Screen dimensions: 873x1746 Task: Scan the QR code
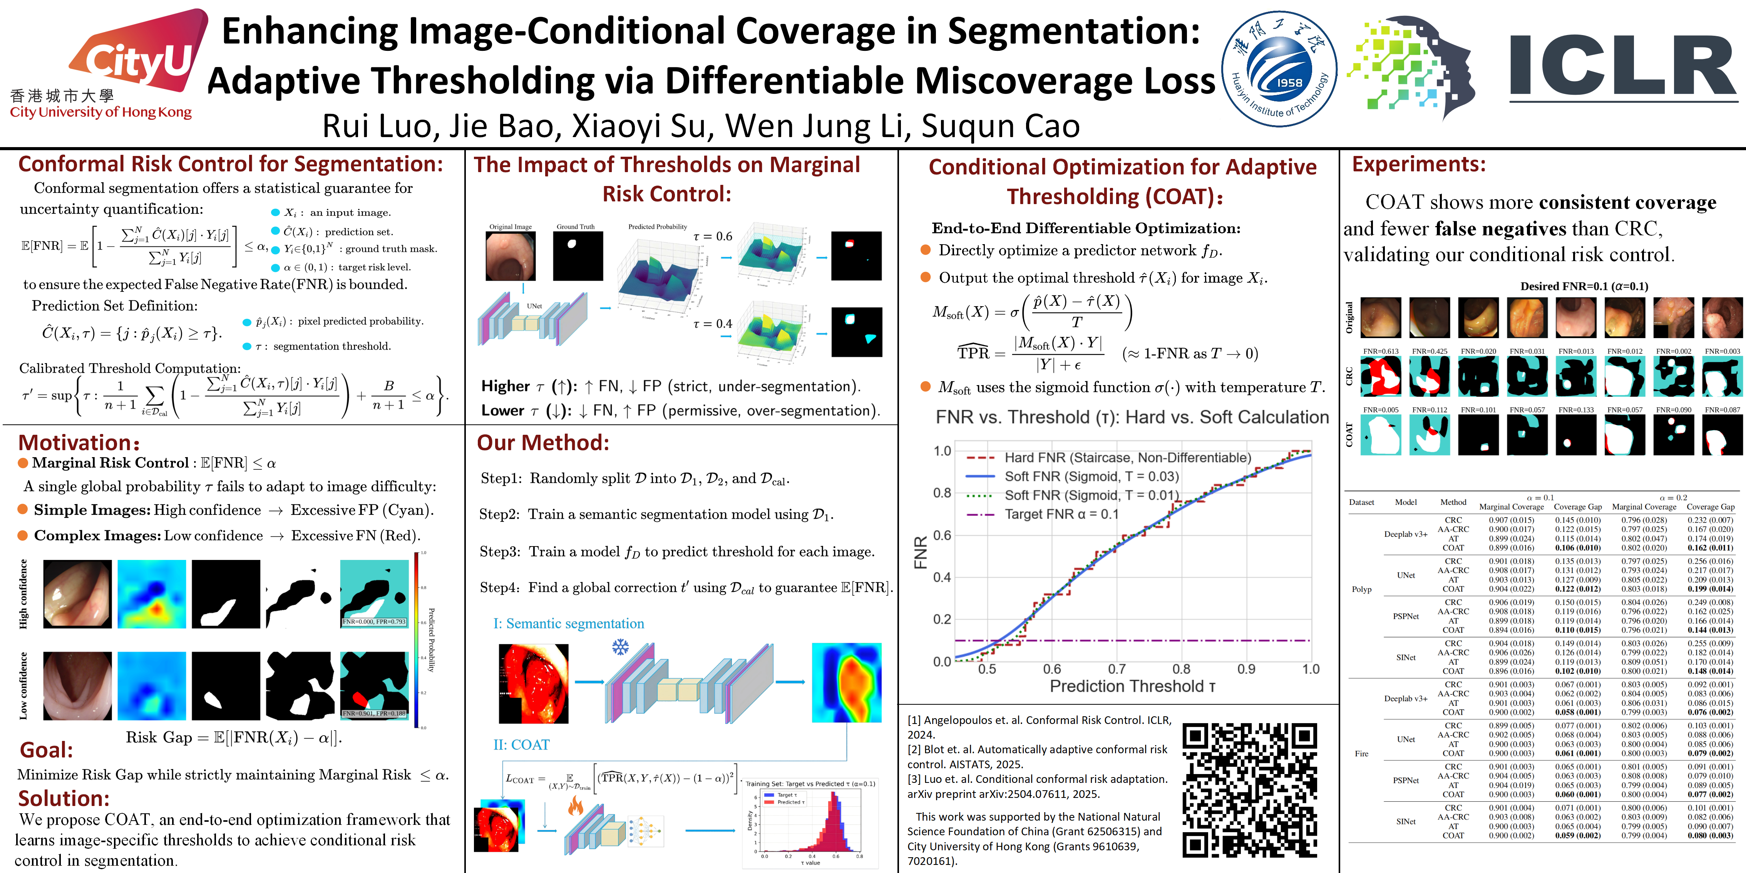1249,790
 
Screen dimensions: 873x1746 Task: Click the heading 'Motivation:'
79,442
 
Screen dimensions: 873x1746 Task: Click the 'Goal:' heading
46,750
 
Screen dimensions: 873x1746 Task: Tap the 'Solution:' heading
64,798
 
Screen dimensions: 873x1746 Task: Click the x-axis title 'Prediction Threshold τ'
1132,686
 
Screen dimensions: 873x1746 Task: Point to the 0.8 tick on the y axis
942,493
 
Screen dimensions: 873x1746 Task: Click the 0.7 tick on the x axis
1117,669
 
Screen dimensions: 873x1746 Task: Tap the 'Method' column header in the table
1453,502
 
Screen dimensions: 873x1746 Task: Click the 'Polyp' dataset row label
1361,589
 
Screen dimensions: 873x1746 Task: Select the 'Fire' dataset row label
1361,753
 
